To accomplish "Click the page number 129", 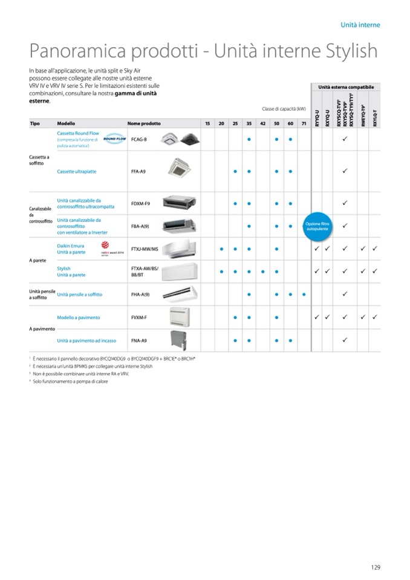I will tap(375, 567).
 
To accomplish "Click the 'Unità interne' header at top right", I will tap(360, 25).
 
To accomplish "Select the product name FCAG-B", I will tap(139, 140).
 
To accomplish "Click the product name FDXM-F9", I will tap(140, 204).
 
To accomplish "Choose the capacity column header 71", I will tap(304, 123).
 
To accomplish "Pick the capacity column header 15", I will tap(207, 123).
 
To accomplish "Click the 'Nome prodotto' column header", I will tap(144, 123).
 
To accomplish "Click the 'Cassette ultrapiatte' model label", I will tap(77, 172).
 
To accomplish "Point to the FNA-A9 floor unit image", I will tap(181, 340).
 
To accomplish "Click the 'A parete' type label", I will tap(37, 260).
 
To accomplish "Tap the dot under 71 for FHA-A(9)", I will tap(304, 295).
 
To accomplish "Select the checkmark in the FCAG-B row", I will tap(344, 139).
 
